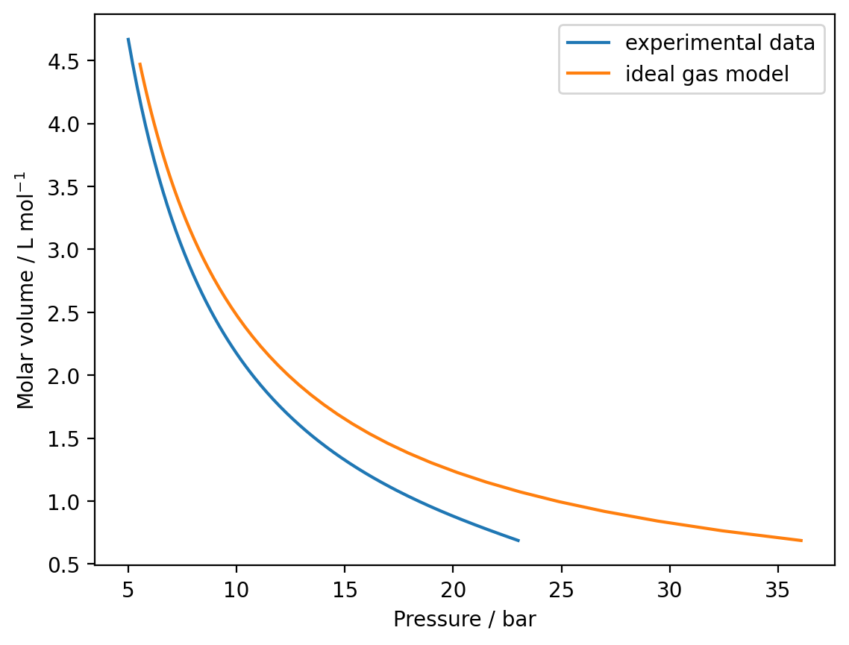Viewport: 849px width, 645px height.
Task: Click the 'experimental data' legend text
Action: (x=720, y=43)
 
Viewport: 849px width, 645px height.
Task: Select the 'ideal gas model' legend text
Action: (x=707, y=74)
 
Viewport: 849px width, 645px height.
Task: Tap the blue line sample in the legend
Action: (x=589, y=43)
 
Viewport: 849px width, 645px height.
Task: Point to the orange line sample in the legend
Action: (x=589, y=74)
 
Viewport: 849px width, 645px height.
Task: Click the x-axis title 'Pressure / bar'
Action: (x=464, y=620)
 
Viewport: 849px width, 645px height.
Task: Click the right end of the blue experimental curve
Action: (x=518, y=540)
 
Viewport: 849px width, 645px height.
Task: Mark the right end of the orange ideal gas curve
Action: (x=801, y=540)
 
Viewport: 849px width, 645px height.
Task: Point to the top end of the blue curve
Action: (x=128, y=39)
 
